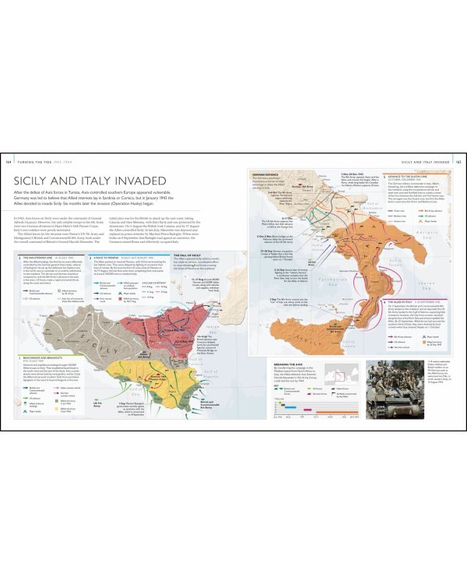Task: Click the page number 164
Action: coord(8,160)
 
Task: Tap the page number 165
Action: coord(459,160)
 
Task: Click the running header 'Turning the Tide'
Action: coord(35,160)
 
